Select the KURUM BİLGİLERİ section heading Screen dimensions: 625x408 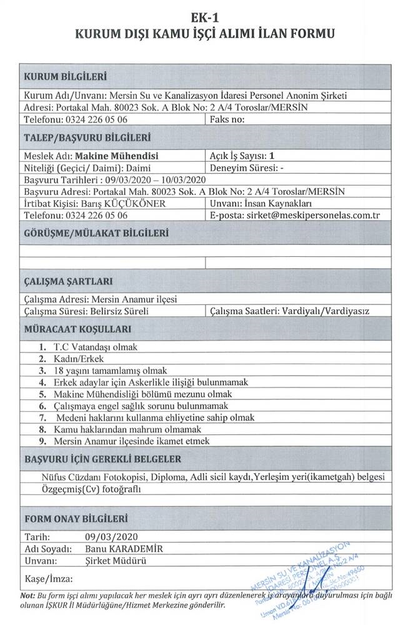point(64,77)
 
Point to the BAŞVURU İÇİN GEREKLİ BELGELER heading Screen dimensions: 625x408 point(102,459)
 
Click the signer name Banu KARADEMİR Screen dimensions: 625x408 point(124,549)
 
